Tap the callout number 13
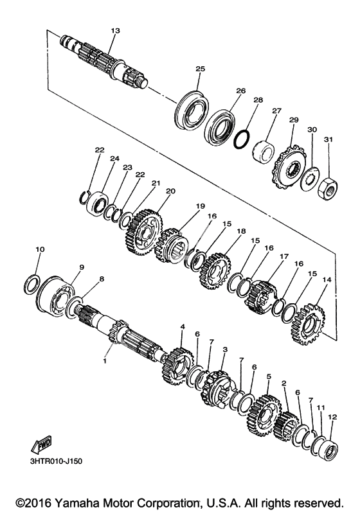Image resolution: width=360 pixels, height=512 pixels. click(x=115, y=31)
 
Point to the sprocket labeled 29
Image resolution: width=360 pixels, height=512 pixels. click(x=289, y=167)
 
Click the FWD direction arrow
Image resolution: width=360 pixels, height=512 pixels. click(x=41, y=445)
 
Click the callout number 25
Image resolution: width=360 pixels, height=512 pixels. click(x=201, y=69)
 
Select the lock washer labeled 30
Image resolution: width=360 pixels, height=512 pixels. click(x=309, y=179)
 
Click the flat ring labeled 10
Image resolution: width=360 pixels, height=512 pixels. click(x=33, y=285)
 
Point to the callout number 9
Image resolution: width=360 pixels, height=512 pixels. click(x=82, y=267)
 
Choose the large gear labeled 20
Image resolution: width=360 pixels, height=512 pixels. click(x=144, y=233)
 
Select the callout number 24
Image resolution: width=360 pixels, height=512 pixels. click(x=114, y=159)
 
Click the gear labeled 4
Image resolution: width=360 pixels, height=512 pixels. click(x=177, y=366)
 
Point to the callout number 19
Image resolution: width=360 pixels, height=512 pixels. click(x=201, y=206)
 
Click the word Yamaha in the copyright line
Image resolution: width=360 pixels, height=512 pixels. click(x=73, y=502)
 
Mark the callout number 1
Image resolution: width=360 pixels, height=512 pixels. click(x=105, y=361)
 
